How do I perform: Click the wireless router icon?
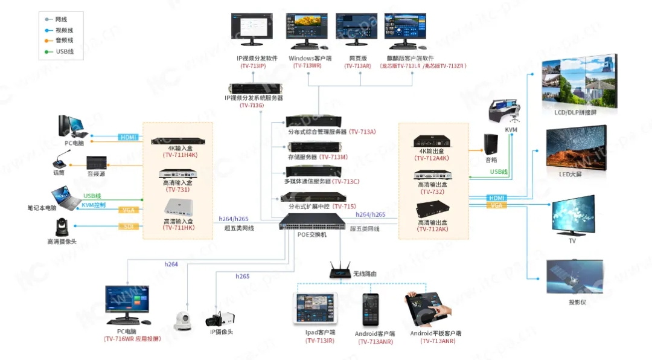340,271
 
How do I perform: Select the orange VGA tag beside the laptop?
128,210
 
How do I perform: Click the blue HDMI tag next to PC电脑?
128,137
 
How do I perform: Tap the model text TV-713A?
362,132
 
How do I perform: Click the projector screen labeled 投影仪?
574,277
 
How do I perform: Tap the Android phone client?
371,311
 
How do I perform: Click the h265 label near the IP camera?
242,276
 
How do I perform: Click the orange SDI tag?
128,227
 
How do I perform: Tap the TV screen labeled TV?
573,216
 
